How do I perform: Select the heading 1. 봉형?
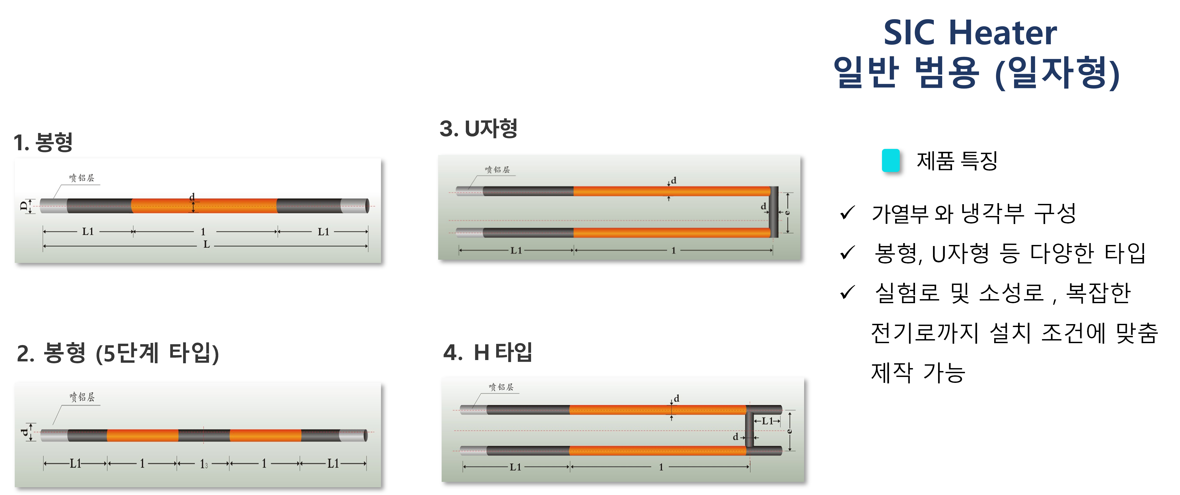click(43, 142)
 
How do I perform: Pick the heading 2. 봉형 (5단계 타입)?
click(118, 352)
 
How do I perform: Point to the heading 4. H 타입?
click(487, 352)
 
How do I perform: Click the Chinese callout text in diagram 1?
click(82, 178)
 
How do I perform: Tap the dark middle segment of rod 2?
click(204, 435)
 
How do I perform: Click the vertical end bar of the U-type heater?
click(774, 212)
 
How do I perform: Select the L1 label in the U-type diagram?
click(516, 251)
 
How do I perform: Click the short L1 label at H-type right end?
click(767, 421)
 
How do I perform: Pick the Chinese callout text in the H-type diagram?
click(501, 387)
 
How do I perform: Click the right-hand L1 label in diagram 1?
click(324, 232)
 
